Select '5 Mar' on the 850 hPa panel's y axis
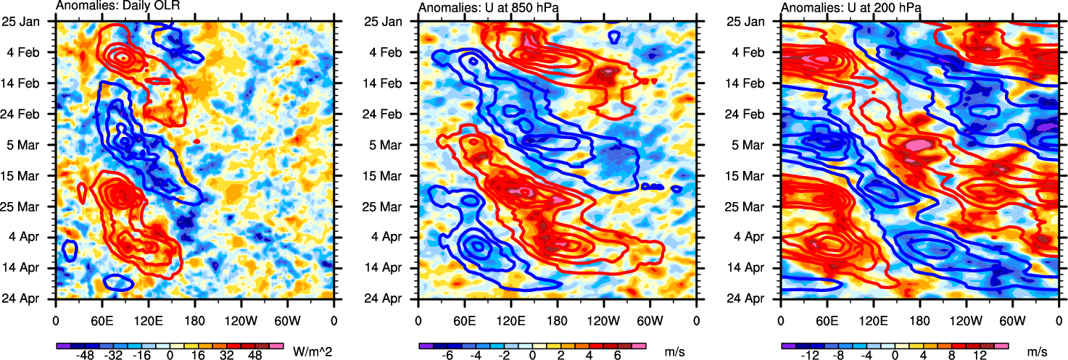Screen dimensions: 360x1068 [393, 144]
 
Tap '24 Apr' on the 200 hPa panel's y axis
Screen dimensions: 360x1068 [754, 298]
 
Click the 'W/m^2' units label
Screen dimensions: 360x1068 [312, 351]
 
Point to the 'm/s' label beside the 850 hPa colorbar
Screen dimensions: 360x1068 [674, 351]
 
